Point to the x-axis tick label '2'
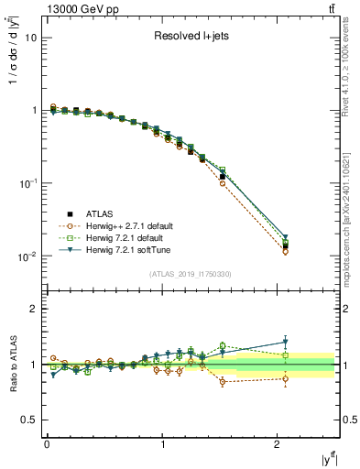[x=278, y=445]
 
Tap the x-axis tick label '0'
[x=46, y=445]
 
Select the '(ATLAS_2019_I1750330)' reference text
[x=191, y=274]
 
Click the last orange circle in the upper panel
[x=286, y=251]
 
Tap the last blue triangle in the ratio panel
[x=286, y=342]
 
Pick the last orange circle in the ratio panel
[x=286, y=378]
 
